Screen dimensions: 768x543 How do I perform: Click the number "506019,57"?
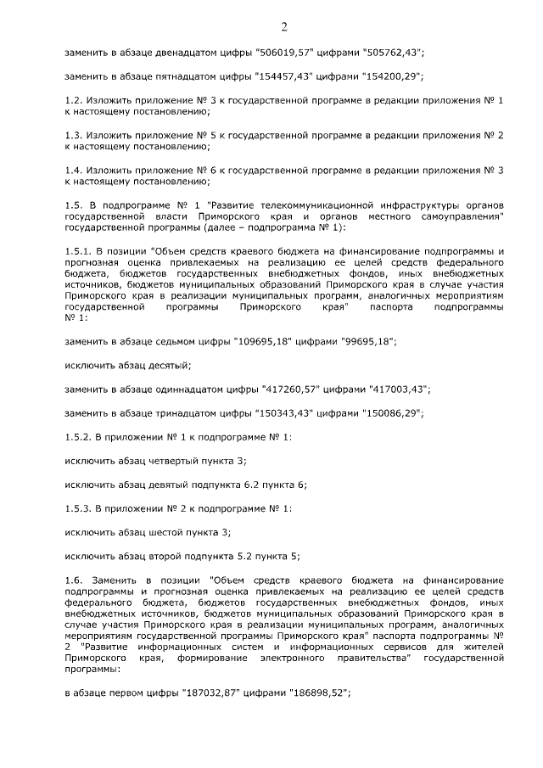284,53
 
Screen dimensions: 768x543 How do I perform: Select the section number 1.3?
74,136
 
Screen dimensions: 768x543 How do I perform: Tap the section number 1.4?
74,171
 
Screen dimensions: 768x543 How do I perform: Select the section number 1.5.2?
78,436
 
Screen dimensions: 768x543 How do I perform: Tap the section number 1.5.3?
78,508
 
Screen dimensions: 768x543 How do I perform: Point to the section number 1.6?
74,579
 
